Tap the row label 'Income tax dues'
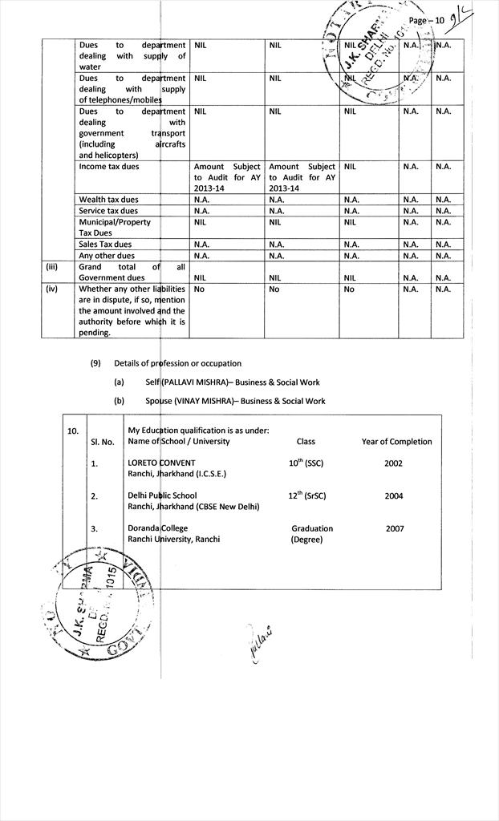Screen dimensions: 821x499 tap(109, 167)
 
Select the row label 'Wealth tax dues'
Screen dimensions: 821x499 tap(108, 200)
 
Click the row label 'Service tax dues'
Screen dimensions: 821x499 tap(108, 211)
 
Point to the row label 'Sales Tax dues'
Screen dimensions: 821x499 tap(105, 244)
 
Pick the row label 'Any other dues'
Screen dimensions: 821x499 tap(107, 256)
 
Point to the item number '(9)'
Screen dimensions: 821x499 tap(95, 363)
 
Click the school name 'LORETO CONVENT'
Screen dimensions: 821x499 tap(161, 463)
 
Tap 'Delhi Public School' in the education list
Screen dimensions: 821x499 tap(162, 495)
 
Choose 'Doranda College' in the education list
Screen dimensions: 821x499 tap(157, 528)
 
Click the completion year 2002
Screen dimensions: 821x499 tap(394, 463)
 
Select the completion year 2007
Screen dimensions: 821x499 tap(395, 528)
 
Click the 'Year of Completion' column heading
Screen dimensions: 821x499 tap(396, 442)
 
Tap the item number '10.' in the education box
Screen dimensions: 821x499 tap(72, 431)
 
